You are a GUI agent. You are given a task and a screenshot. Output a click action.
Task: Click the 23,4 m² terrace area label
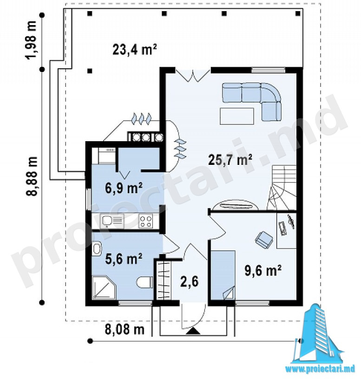134,50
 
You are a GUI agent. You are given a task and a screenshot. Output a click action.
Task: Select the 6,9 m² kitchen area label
124,188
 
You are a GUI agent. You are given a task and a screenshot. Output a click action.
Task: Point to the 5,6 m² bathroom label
124,259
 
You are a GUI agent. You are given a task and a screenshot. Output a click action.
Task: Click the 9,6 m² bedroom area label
263,270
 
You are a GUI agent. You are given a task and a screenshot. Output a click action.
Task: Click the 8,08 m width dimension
125,329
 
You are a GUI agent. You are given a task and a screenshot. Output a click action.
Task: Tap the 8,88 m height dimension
32,176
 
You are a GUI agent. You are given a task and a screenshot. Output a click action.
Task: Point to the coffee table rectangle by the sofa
236,116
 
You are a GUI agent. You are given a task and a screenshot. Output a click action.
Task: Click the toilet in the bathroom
144,282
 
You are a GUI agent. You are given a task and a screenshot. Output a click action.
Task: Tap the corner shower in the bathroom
104,288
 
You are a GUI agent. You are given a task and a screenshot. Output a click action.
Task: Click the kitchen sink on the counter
112,221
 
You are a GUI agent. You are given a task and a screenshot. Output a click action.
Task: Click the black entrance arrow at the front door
193,331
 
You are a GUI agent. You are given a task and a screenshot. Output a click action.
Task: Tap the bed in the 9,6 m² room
223,275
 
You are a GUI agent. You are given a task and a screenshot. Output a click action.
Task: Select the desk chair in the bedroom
264,239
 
